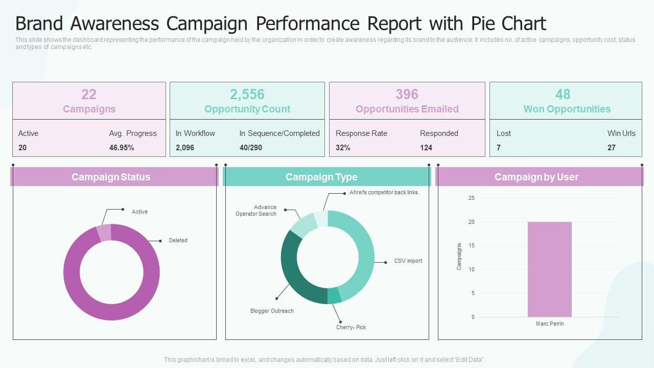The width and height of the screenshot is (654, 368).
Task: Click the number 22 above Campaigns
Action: pos(89,94)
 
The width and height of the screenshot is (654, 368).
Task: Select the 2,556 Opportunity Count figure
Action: pos(247,94)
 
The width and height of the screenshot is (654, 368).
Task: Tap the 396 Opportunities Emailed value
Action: pos(407,94)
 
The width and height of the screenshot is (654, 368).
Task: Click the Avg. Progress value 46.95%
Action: pos(122,148)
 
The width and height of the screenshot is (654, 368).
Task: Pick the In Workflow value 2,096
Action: pos(185,148)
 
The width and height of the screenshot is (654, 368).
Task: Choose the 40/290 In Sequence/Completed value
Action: pos(250,148)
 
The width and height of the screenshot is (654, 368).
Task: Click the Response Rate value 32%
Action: pos(343,148)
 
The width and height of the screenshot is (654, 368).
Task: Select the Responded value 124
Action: pos(426,148)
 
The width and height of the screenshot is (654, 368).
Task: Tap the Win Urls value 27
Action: pos(612,148)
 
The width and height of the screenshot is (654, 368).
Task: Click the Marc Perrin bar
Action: pos(550,269)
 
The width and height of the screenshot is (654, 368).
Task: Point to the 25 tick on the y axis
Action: pos(472,198)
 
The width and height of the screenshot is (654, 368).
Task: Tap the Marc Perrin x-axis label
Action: pos(550,324)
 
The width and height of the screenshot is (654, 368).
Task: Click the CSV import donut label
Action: pos(408,261)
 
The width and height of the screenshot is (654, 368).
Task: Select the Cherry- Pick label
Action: pos(351,327)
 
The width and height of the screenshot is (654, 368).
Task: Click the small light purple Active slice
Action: pos(104,233)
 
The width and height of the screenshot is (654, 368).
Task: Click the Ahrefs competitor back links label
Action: pos(383,193)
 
